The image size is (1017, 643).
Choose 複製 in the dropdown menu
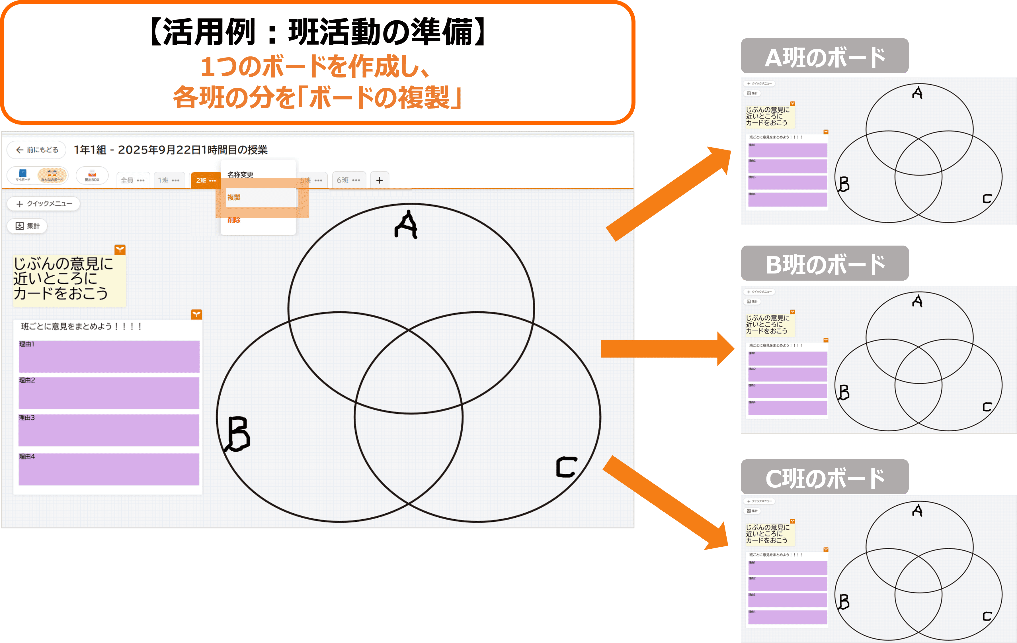pos(234,197)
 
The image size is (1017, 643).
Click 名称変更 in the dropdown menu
pos(240,174)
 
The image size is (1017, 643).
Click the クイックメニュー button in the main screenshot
pos(44,204)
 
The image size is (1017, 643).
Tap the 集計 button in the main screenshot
pos(27,226)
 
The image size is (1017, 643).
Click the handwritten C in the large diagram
pos(566,467)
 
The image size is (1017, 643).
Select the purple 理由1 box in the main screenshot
pos(109,357)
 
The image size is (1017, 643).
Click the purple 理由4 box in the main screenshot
pos(109,470)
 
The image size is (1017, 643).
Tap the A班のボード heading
pos(825,57)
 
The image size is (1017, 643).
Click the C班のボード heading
pos(825,478)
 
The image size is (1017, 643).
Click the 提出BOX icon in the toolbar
pos(92,175)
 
